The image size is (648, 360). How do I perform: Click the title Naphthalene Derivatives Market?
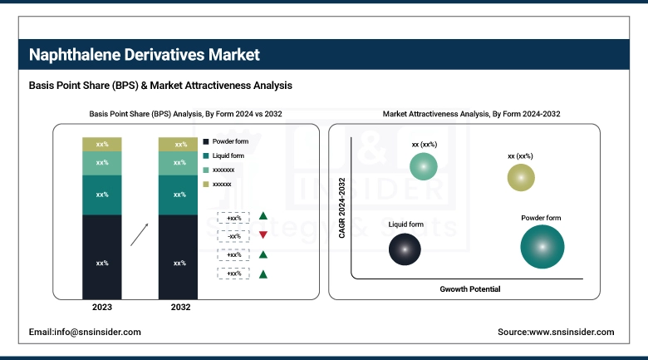[x=145, y=55]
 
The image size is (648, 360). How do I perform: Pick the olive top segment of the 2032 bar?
[x=179, y=144]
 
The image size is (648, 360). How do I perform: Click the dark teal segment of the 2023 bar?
[x=102, y=195]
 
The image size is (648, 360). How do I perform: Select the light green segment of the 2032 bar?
[x=179, y=163]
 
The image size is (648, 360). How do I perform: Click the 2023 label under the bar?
[x=102, y=308]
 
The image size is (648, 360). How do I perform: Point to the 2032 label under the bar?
[x=179, y=308]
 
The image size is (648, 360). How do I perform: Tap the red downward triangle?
[x=263, y=235]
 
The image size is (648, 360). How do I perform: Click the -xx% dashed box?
[x=233, y=236]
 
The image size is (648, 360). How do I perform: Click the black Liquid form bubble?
[x=405, y=249]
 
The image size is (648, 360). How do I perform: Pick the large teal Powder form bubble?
[x=542, y=247]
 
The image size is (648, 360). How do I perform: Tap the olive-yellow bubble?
[x=521, y=177]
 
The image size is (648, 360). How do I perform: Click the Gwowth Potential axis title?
[x=469, y=289]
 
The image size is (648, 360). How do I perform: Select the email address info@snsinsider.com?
[x=85, y=332]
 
